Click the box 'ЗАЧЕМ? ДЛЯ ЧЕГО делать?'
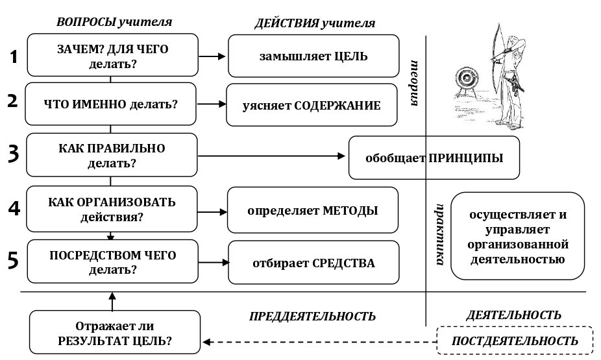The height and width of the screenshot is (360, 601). point(112,56)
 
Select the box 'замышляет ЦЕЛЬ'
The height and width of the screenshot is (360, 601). point(313,56)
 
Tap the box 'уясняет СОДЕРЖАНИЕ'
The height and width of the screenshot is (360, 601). point(312,105)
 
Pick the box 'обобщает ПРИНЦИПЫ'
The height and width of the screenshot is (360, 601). point(434,158)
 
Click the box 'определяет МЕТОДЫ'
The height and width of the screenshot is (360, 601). point(312,210)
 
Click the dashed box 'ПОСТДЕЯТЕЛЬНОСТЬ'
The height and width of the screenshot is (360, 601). point(515,341)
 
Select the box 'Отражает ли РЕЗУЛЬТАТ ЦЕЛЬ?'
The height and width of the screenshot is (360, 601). point(115,332)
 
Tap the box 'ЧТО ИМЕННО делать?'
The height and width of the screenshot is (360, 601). point(110,104)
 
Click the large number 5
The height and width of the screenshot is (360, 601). point(13,261)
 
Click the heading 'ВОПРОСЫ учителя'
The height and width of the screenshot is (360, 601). point(114,21)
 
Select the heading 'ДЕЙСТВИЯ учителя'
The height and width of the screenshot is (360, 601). point(315,23)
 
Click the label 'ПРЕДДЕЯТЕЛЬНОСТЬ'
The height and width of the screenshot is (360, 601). point(312,317)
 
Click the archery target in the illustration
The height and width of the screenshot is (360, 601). point(465,80)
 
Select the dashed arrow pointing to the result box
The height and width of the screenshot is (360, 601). point(318,341)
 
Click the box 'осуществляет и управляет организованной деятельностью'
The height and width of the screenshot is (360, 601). point(517,237)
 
